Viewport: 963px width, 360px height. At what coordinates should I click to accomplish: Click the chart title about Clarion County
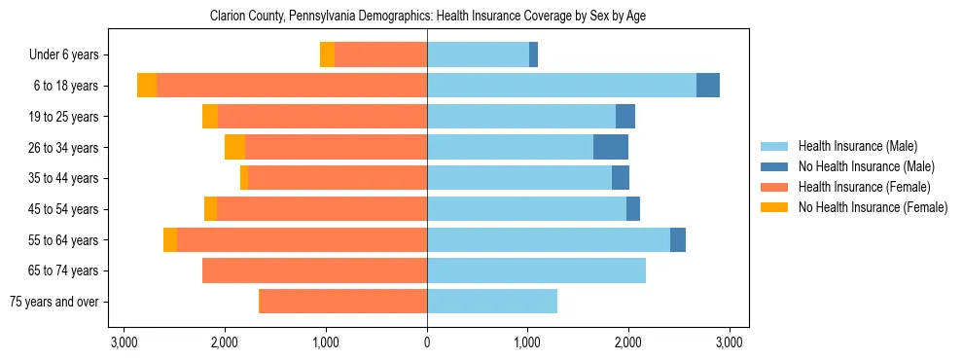point(428,17)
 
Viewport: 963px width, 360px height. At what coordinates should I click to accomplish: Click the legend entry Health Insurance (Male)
point(857,146)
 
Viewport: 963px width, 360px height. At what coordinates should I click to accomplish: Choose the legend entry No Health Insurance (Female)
point(872,207)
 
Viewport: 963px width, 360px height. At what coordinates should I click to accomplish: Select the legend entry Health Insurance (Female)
point(864,187)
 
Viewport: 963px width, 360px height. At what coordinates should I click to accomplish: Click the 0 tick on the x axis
point(427,342)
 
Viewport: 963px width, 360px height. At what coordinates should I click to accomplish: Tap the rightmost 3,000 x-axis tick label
point(730,342)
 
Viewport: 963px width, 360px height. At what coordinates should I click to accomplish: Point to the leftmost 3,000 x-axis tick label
point(125,342)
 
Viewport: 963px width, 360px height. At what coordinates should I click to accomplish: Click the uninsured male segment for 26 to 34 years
point(611,147)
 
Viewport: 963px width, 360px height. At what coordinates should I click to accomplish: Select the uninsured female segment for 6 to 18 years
point(147,86)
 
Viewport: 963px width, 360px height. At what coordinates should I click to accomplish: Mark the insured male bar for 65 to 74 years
point(536,270)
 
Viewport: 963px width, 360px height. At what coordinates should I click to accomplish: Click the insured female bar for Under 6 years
point(380,54)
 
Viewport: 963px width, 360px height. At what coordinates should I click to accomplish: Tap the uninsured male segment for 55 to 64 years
point(678,239)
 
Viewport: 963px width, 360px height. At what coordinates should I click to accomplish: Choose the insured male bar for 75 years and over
point(492,302)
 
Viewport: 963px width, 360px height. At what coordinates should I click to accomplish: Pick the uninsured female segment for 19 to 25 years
point(210,117)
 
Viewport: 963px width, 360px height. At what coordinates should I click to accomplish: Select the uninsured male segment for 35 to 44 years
point(621,178)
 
